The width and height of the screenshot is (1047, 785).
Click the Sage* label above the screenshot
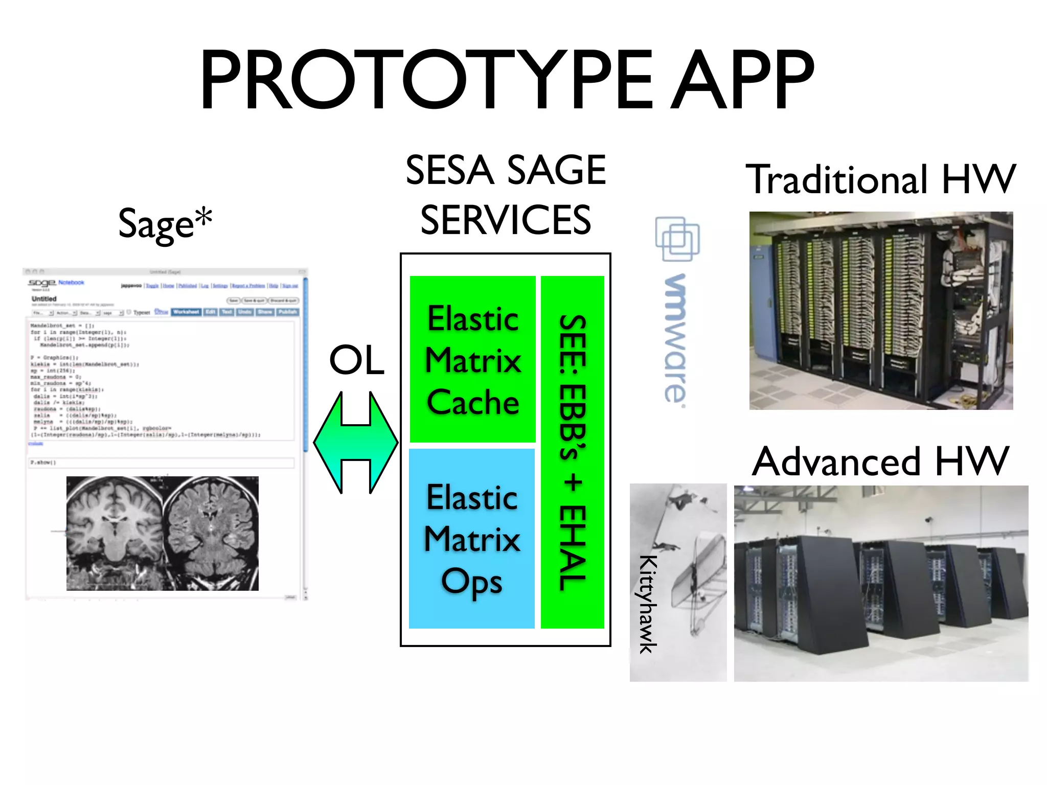point(165,224)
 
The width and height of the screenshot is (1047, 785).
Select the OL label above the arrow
point(356,360)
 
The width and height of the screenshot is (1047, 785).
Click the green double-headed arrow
point(355,443)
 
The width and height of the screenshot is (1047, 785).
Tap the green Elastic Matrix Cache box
point(473,359)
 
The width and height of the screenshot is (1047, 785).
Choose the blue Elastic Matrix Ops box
point(472,539)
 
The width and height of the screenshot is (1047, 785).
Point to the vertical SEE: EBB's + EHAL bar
point(573,452)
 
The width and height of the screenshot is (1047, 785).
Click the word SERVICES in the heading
point(506,220)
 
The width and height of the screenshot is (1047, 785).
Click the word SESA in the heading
point(449,171)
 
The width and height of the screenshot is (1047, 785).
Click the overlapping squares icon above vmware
point(677,239)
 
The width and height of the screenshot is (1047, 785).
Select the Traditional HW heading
point(881,180)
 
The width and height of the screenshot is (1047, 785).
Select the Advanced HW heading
point(881,461)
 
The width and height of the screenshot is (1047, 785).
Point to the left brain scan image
point(115,534)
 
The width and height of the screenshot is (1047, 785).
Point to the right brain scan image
point(211,534)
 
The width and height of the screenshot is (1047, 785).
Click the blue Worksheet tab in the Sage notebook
point(186,312)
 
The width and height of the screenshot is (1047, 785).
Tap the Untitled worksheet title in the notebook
point(44,298)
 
